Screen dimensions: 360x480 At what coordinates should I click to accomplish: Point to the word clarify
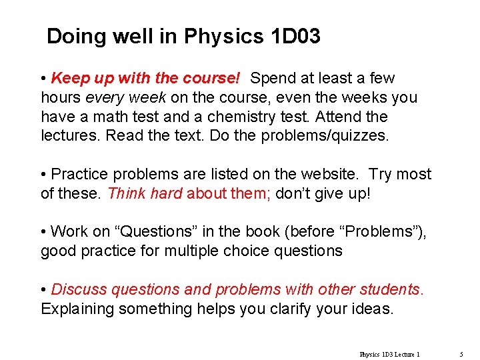tap(286, 309)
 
